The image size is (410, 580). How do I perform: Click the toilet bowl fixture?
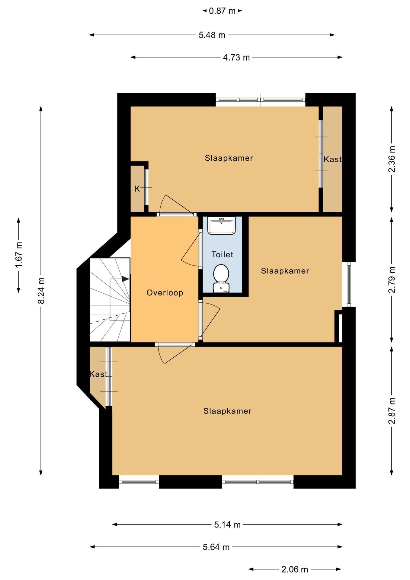221,278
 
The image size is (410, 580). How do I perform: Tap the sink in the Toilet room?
221,225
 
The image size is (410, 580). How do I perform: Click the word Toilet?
222,254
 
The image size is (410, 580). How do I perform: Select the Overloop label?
165,293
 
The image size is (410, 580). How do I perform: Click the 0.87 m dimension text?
222,11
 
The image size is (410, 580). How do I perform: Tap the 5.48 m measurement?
212,35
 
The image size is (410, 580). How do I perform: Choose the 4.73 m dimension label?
236,57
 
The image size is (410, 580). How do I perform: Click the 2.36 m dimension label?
392,159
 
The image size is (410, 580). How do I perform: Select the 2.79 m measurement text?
392,280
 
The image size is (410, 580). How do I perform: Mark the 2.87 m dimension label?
392,411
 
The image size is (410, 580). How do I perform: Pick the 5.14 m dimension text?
227,525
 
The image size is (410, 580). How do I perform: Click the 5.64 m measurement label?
216,547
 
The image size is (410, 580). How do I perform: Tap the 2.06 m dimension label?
295,569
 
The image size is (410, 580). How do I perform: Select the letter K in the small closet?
137,189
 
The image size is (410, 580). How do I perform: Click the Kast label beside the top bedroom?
332,159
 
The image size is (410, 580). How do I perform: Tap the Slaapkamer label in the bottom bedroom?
227,411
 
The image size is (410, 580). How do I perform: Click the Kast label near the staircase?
98,374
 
